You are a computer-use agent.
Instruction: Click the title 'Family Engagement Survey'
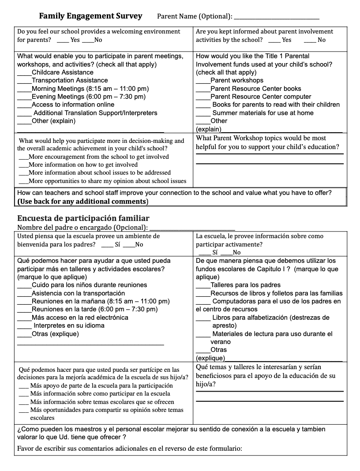(x=90, y=16)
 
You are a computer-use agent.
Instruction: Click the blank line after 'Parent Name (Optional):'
(x=276, y=18)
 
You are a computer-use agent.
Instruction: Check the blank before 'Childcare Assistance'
(x=24, y=73)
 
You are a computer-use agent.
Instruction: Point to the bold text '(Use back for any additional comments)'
(x=83, y=202)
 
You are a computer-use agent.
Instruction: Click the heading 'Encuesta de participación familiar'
(x=83, y=218)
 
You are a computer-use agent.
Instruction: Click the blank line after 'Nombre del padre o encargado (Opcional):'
(x=192, y=228)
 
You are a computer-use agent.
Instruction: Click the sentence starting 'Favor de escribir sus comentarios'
(x=130, y=449)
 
